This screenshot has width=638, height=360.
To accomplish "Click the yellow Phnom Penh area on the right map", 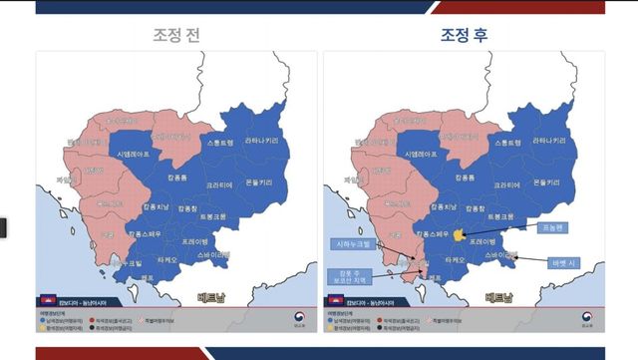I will click(459, 236).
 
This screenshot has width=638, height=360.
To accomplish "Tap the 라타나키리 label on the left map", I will click(258, 141).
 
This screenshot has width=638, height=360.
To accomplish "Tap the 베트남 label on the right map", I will click(500, 296).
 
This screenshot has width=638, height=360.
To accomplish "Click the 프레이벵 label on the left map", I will click(194, 241).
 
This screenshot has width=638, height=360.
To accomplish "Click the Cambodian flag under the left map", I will click(44, 299).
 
